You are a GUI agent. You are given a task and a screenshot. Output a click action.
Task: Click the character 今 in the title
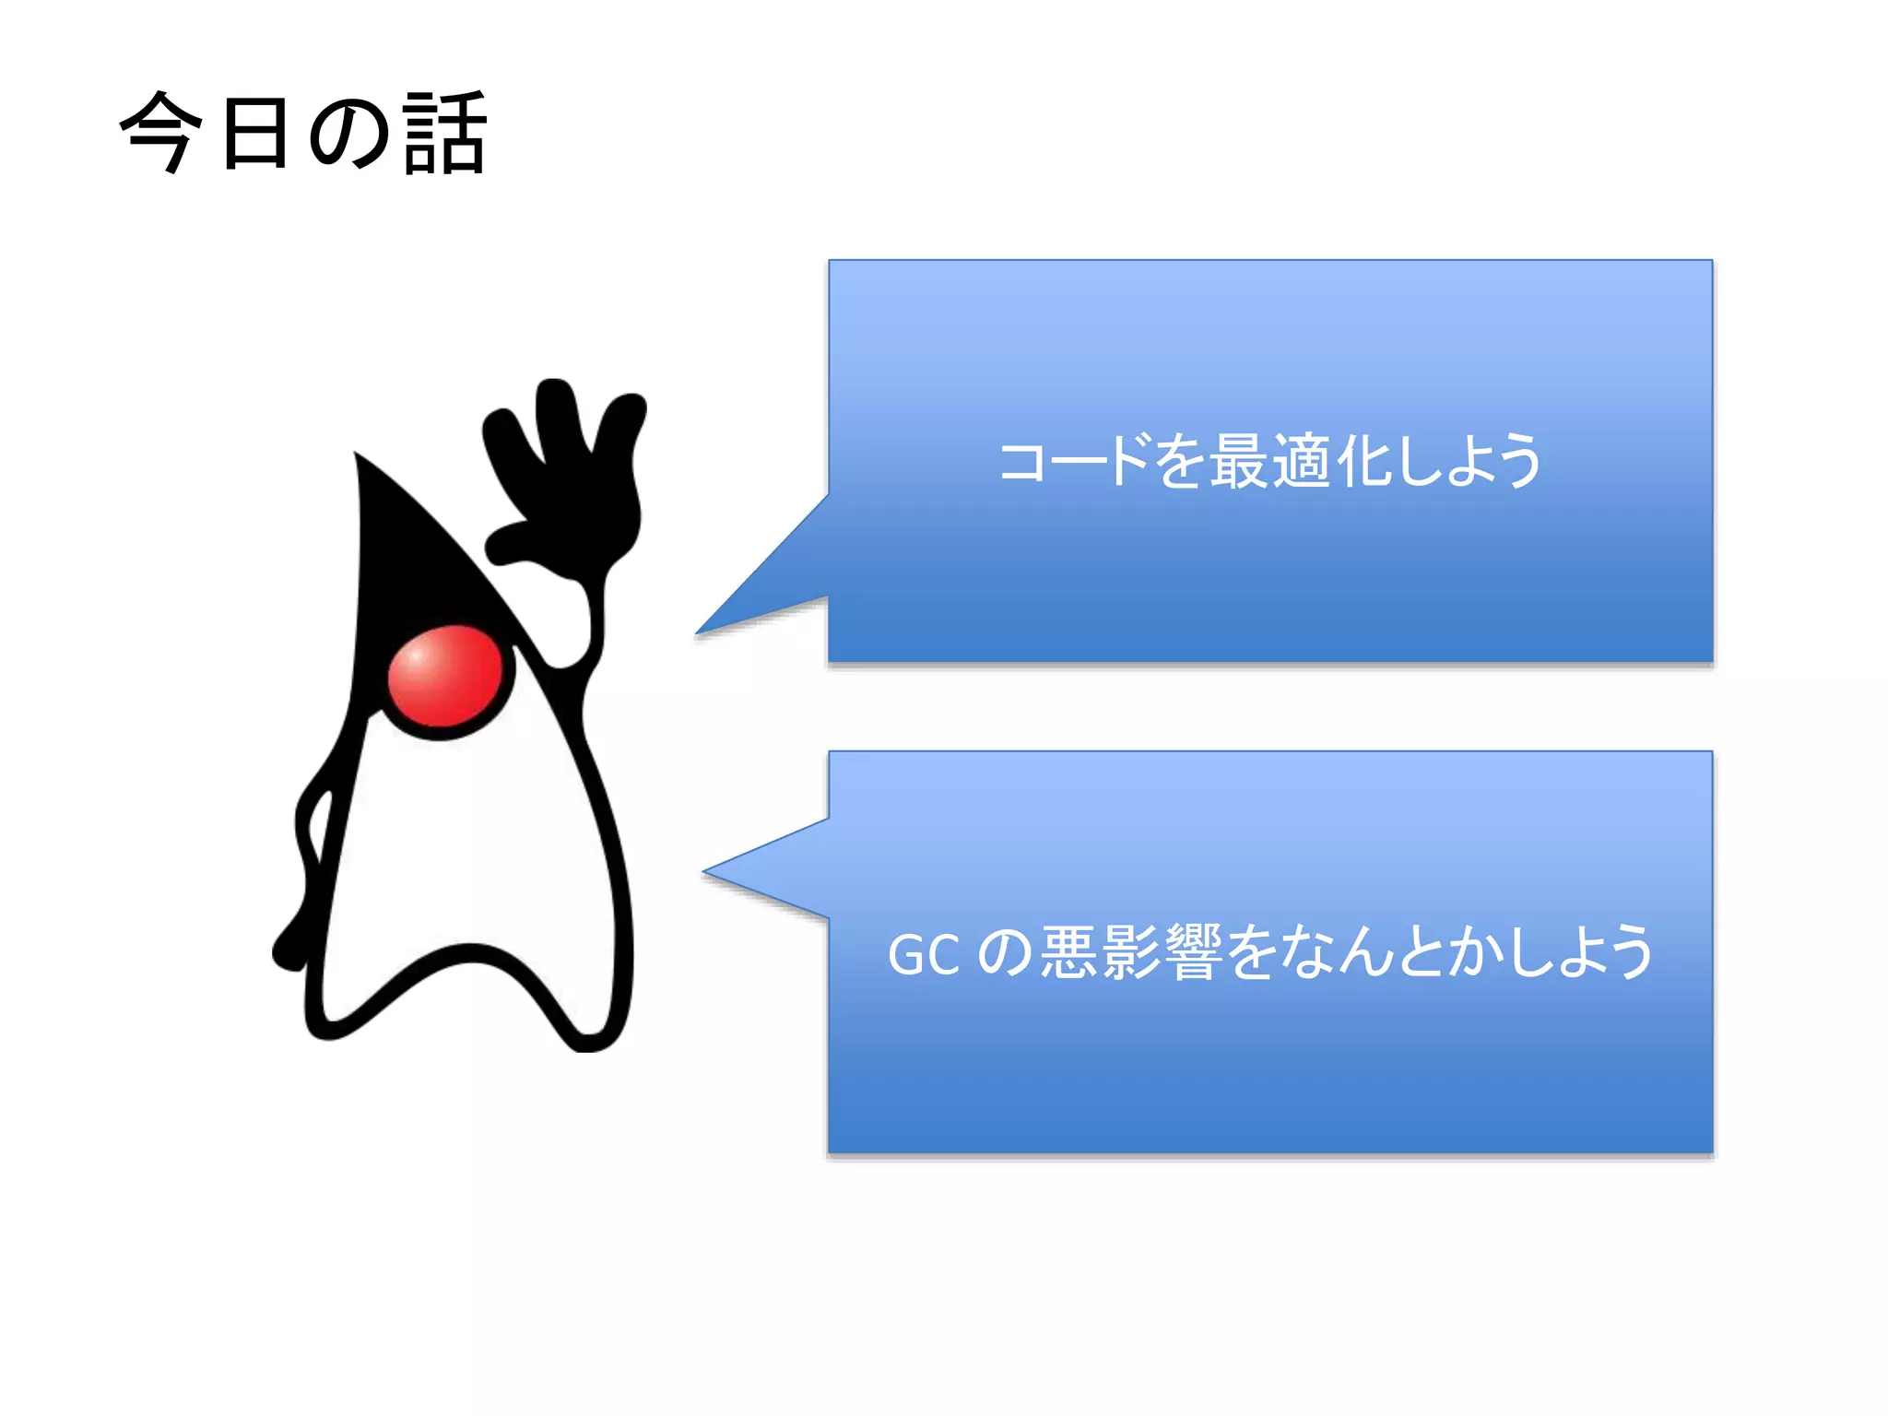click(x=161, y=132)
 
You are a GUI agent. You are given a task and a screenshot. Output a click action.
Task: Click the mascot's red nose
click(x=444, y=674)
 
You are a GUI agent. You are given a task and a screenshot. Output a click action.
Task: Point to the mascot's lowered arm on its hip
click(x=309, y=857)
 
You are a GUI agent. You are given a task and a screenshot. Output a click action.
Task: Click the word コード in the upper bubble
click(x=1074, y=461)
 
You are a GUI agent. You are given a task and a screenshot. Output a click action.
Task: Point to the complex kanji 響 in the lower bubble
click(x=1195, y=952)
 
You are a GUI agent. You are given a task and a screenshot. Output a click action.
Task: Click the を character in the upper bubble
click(x=1180, y=461)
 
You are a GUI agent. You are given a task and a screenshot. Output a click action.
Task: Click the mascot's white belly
click(x=470, y=848)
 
